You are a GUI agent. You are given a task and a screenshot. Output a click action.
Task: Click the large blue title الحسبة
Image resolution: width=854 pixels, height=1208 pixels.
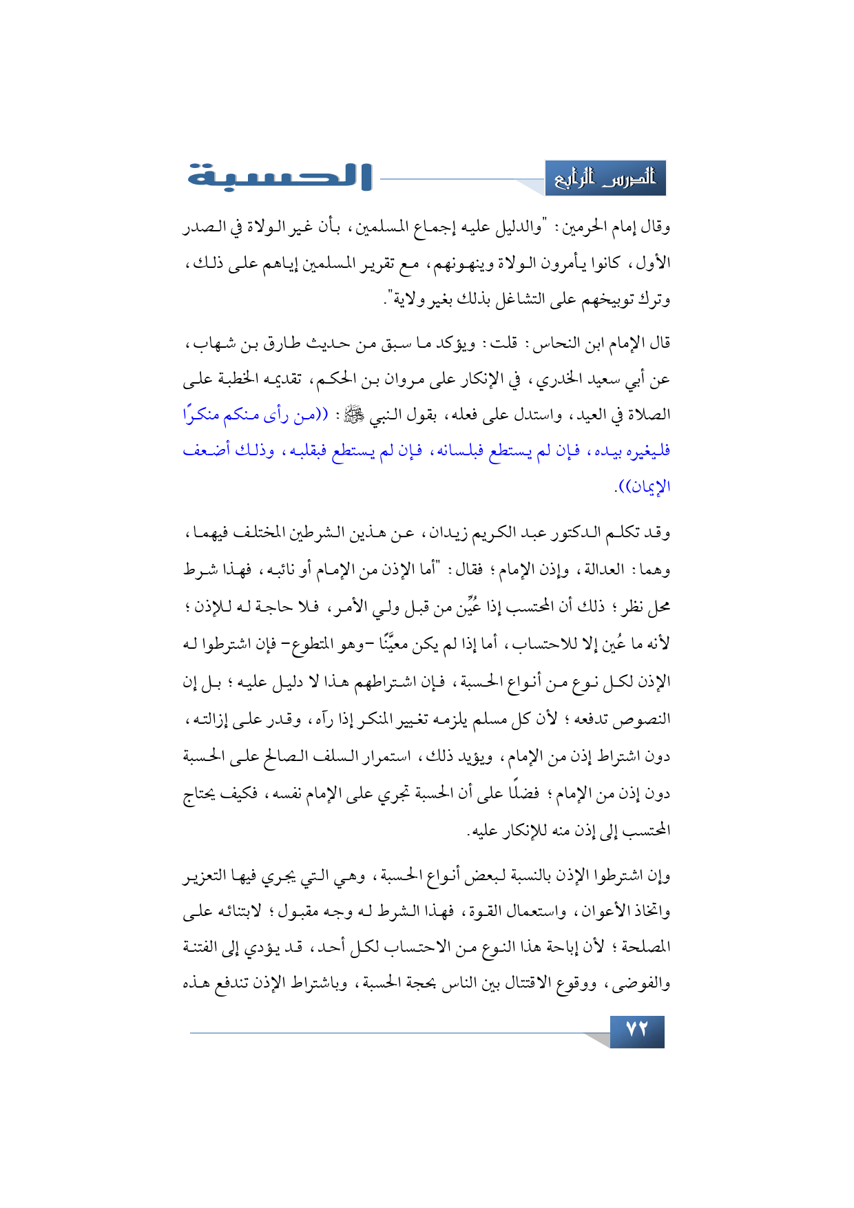279,176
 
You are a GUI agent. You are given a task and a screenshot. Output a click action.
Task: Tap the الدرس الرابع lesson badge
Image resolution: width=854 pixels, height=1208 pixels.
605,178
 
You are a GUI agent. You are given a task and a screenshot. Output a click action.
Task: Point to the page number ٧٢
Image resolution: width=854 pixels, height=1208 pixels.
637,1030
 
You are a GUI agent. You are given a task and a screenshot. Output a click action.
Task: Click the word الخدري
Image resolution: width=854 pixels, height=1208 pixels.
555,379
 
